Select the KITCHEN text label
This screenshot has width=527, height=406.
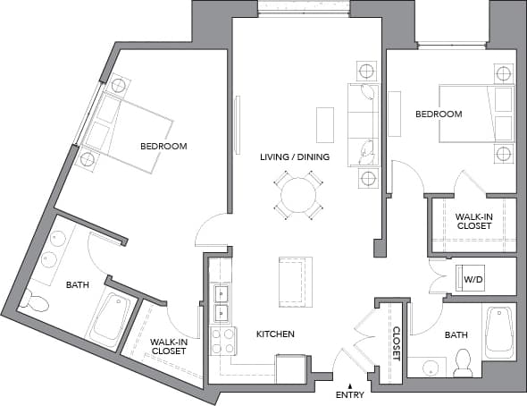tap(275, 334)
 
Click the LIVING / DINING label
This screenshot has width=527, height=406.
tap(295, 157)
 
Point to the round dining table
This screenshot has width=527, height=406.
tap(298, 193)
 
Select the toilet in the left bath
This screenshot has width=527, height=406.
tap(34, 301)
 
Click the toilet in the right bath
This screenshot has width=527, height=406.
tap(463, 360)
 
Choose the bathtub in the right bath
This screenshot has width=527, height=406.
tap(498, 331)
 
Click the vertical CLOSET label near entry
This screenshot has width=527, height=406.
tap(396, 343)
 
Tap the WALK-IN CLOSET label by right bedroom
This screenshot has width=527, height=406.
tap(473, 221)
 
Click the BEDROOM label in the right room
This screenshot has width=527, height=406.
tap(439, 114)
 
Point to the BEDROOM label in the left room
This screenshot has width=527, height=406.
tap(163, 146)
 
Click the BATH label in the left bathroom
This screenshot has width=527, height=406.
tap(78, 285)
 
